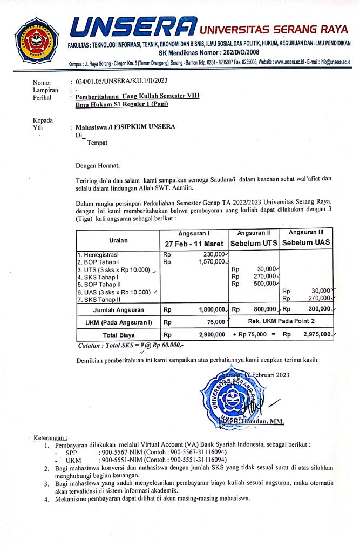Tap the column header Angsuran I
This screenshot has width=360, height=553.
193,233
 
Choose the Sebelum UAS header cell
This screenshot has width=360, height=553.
307,243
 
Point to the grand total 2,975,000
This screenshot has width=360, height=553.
316,335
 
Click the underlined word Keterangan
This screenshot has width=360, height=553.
51,437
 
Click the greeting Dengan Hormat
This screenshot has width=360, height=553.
98,165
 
